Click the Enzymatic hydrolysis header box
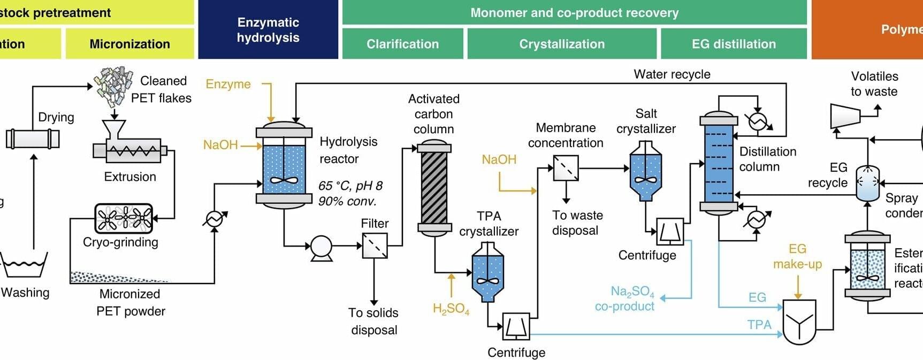(268, 29)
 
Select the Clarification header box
(402, 44)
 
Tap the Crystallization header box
(562, 44)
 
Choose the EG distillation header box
(734, 44)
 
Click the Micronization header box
(129, 44)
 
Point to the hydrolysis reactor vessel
(284, 164)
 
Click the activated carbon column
(434, 187)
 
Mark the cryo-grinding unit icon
(124, 218)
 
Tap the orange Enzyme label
(228, 84)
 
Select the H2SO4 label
(451, 309)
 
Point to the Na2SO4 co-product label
(625, 298)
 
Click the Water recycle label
(672, 74)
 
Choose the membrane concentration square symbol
(566, 168)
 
